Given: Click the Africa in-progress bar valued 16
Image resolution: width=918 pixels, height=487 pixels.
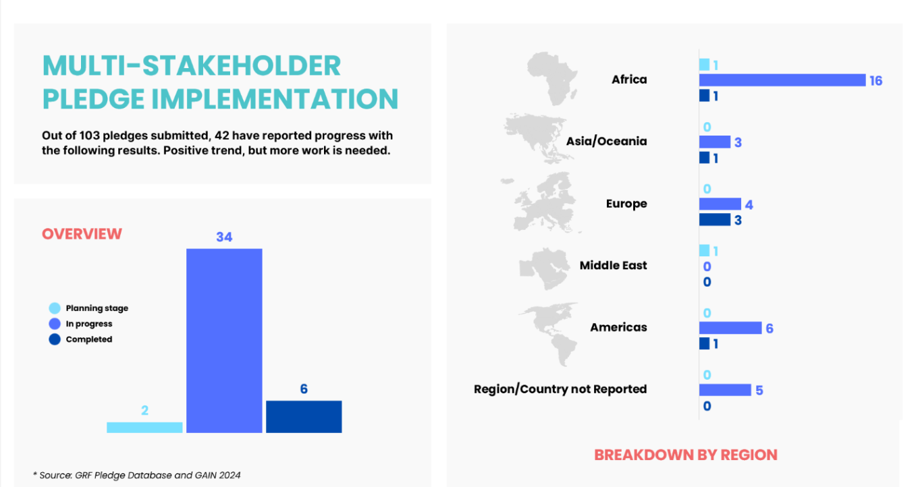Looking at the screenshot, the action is (x=782, y=80).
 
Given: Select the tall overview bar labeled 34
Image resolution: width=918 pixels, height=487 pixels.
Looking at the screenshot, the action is (x=224, y=341).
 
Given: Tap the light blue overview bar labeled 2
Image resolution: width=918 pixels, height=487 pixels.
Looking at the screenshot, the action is (x=144, y=427).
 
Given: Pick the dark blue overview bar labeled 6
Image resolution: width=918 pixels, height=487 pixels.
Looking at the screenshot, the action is (x=304, y=417).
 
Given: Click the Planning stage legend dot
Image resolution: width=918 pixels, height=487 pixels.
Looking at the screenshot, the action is (x=55, y=308).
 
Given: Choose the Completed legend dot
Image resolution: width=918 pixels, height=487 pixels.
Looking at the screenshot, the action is (x=55, y=339).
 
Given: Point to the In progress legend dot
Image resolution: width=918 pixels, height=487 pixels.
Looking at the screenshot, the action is (x=55, y=324).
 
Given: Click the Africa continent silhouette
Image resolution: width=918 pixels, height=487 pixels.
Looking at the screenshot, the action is (x=552, y=79).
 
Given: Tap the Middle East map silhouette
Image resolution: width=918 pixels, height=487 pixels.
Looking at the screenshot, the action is (x=544, y=268).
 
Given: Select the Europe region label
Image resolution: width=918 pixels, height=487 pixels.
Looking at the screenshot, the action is (x=626, y=204).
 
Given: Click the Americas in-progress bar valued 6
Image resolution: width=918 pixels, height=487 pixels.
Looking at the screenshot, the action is (x=730, y=328).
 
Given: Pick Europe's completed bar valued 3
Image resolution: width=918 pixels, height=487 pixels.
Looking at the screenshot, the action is (x=715, y=219).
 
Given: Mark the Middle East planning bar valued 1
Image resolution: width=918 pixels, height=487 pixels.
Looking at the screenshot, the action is (x=704, y=250).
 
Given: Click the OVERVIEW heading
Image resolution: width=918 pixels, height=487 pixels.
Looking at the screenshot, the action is (x=82, y=234).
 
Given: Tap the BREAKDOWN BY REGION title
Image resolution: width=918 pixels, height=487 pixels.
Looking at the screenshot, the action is (x=686, y=455).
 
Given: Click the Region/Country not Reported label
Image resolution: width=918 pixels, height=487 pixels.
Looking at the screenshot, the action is (x=560, y=389).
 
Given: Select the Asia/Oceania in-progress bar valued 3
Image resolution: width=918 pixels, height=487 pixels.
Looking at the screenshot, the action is (x=715, y=142).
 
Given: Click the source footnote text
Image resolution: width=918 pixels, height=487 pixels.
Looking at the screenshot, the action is (x=137, y=475).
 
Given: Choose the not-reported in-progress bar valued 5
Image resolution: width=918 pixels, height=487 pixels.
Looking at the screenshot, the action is (x=725, y=390).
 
